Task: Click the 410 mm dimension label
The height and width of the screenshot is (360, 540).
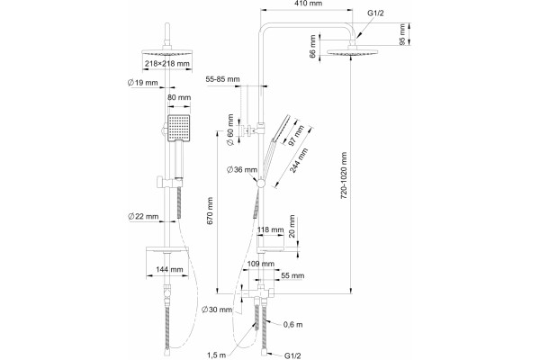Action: [x=309, y=4]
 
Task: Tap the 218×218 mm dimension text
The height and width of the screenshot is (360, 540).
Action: [x=167, y=64]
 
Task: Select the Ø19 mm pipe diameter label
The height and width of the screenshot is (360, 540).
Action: [x=142, y=83]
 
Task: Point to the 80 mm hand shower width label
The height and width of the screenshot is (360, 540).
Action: [x=179, y=97]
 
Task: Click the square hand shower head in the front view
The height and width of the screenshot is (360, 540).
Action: [x=179, y=128]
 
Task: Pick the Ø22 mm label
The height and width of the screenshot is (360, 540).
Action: [x=143, y=217]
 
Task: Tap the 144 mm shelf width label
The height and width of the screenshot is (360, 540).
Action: [x=169, y=269]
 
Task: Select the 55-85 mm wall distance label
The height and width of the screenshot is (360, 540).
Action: [x=223, y=79]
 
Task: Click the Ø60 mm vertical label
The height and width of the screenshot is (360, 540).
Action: [x=230, y=130]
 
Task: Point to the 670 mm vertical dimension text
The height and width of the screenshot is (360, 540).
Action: [x=210, y=211]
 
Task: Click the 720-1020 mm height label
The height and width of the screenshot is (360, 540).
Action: [x=344, y=175]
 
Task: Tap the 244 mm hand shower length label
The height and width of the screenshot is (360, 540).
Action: [x=298, y=160]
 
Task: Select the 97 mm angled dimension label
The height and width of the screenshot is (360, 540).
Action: [x=296, y=135]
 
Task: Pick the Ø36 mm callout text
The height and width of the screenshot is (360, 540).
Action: [x=242, y=170]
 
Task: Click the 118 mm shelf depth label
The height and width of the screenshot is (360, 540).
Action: [x=271, y=229]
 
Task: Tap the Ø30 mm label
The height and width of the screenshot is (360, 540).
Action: [x=217, y=310]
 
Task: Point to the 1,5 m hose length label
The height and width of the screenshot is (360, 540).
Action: [x=217, y=355]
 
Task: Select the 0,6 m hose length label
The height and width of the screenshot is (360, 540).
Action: [x=293, y=325]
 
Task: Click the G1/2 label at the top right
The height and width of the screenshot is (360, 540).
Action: [x=375, y=13]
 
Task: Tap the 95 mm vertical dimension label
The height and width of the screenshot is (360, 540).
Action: [x=402, y=34]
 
